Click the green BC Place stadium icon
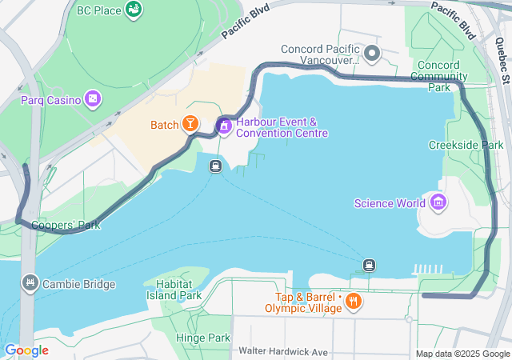[134, 10]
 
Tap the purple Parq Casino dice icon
[94, 100]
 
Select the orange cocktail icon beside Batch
[190, 124]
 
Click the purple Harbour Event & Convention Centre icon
[224, 126]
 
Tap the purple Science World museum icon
[438, 202]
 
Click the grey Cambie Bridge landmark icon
[30, 283]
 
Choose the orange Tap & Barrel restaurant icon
[353, 302]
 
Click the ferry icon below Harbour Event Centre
[215, 166]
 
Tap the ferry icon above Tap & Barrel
[369, 265]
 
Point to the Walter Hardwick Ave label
[283, 352]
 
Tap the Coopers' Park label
[66, 225]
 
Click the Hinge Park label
[203, 338]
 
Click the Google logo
[27, 350]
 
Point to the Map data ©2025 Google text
[462, 354]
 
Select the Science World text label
[390, 203]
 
